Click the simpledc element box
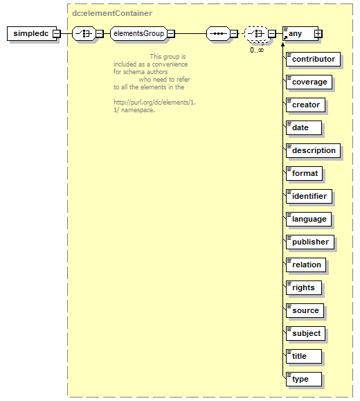[x=32, y=33]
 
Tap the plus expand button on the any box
[x=318, y=33]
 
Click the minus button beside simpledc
[x=57, y=33]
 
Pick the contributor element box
[x=313, y=60]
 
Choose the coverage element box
[x=309, y=82]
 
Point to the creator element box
[x=305, y=105]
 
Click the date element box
[x=304, y=128]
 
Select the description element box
[x=313, y=150]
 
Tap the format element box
[x=304, y=173]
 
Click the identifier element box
[x=309, y=197]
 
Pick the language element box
[x=309, y=219]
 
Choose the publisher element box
[x=310, y=242]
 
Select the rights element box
[x=304, y=287]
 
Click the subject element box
[x=305, y=334]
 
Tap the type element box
[x=304, y=379]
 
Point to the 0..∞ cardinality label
[x=257, y=50]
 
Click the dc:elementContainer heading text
[x=112, y=13]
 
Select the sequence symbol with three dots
[x=218, y=33]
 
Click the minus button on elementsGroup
[x=171, y=33]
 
